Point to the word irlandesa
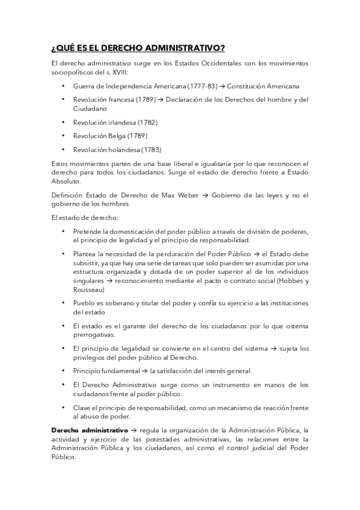(x=122, y=123)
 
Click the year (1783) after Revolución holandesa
(x=151, y=150)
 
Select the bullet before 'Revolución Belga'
(x=64, y=136)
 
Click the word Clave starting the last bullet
(x=82, y=407)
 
